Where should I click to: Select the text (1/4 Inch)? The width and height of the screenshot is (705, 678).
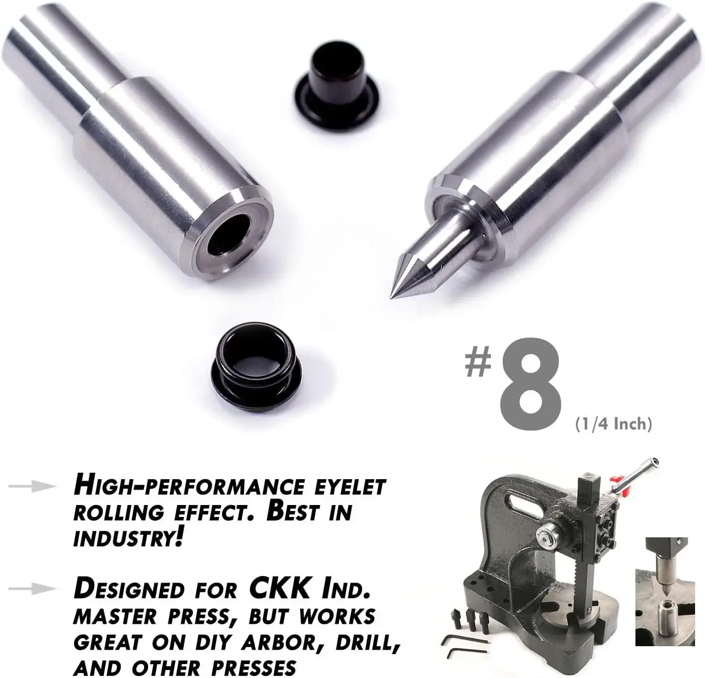(614, 424)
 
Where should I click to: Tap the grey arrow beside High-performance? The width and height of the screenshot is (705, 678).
(32, 487)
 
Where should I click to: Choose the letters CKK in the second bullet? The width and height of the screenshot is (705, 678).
(279, 590)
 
